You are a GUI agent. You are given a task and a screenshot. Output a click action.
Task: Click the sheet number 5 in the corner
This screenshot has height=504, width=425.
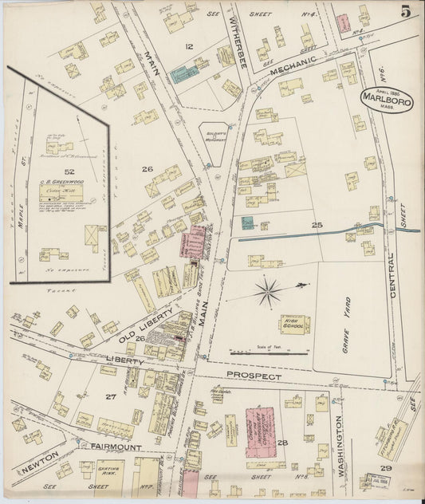coord(406,11)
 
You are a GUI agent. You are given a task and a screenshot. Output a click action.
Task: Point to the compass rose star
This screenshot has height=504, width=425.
coord(268,291)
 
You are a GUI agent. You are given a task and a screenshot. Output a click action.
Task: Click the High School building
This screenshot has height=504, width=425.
coord(294,324)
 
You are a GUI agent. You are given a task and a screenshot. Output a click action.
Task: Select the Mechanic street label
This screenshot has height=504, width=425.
coord(274,70)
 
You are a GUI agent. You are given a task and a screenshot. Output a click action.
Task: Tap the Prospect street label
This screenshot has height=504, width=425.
coord(254,375)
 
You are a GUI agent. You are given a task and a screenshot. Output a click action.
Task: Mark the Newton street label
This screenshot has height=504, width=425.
coord(38,461)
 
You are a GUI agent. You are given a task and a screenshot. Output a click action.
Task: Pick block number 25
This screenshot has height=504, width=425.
coord(317,226)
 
